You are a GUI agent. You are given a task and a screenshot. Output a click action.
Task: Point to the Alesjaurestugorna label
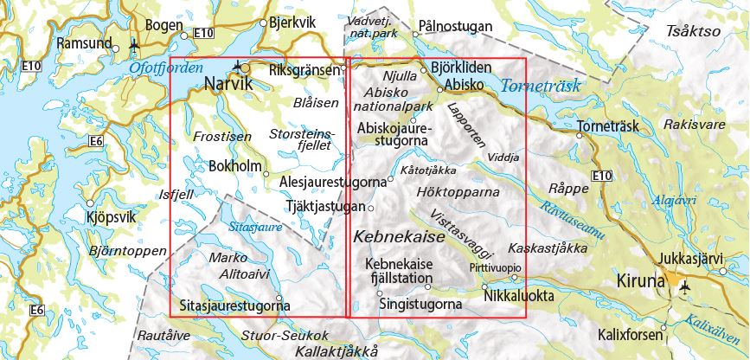[333, 183]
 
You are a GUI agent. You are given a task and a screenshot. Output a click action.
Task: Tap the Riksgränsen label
[302, 69]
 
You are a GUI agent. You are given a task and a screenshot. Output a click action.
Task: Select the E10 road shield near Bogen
[203, 33]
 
